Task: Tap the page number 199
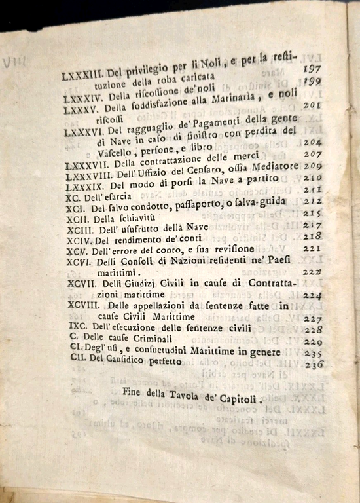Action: [310, 81]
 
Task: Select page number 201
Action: [311, 105]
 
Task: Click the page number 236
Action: [314, 365]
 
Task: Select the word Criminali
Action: [151, 339]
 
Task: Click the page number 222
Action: [312, 272]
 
